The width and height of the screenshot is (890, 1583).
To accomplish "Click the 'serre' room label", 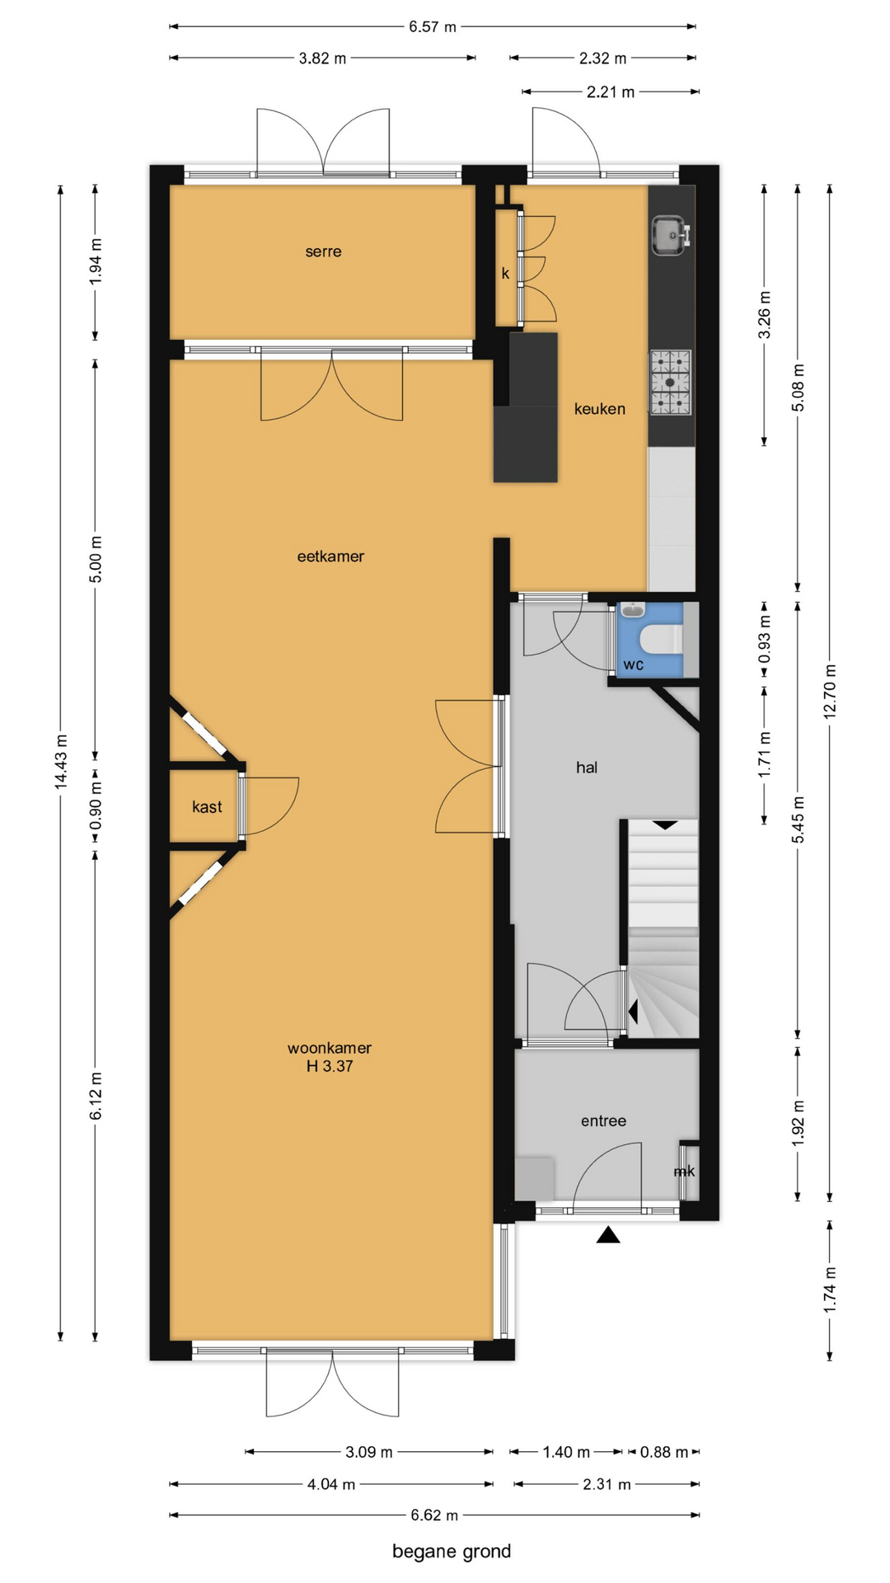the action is (323, 251).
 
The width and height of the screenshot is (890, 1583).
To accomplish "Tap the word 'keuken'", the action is (600, 408).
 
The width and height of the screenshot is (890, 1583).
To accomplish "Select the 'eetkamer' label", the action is (330, 557).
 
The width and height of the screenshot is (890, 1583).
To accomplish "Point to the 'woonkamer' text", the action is (330, 1048).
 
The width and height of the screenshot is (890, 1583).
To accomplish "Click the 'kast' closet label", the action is (207, 807).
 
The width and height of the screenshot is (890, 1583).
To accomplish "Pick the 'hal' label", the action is (587, 768).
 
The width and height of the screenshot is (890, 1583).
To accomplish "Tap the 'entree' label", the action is (603, 1120).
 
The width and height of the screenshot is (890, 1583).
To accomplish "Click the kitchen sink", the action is (670, 236).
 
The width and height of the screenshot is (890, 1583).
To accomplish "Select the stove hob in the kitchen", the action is (670, 382).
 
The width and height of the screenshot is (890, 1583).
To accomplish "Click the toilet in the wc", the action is (662, 639).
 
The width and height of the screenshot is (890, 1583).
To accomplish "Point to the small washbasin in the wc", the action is (632, 610).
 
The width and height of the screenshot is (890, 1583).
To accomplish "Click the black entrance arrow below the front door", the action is (608, 1234).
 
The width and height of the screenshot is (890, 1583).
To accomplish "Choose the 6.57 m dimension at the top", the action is (433, 26).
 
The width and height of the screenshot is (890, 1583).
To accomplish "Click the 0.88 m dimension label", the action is (664, 1452).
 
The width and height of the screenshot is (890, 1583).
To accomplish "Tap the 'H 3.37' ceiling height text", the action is (330, 1066).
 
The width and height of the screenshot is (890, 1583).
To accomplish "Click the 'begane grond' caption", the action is (452, 1551).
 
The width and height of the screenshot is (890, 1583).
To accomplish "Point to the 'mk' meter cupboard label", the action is (684, 1171).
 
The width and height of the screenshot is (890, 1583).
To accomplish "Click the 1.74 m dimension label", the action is (830, 1289).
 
